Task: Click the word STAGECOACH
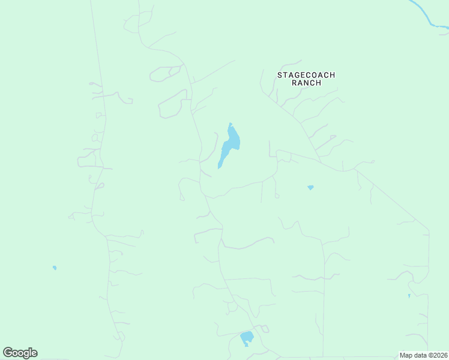pyautogui.click(x=306, y=75)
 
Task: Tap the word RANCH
pyautogui.click(x=306, y=83)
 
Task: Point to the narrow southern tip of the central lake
pyautogui.click(x=219, y=167)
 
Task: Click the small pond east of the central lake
pyautogui.click(x=310, y=188)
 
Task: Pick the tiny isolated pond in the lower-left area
pyautogui.click(x=55, y=268)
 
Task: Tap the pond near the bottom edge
pyautogui.click(x=247, y=338)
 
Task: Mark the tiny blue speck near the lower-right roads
pyautogui.click(x=409, y=295)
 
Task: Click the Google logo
pyautogui.click(x=20, y=353)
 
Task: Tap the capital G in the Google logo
pyautogui.click(x=8, y=353)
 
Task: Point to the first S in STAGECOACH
pyautogui.click(x=279, y=75)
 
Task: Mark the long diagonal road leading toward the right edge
pyautogui.click(x=393, y=201)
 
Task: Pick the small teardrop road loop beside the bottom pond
pyautogui.click(x=264, y=328)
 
